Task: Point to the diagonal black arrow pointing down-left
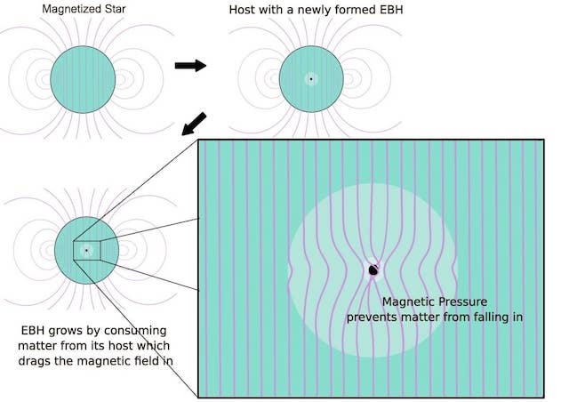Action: click(194, 124)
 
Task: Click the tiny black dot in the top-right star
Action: click(310, 79)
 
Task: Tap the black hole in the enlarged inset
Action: click(373, 269)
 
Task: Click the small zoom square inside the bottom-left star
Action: click(86, 252)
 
